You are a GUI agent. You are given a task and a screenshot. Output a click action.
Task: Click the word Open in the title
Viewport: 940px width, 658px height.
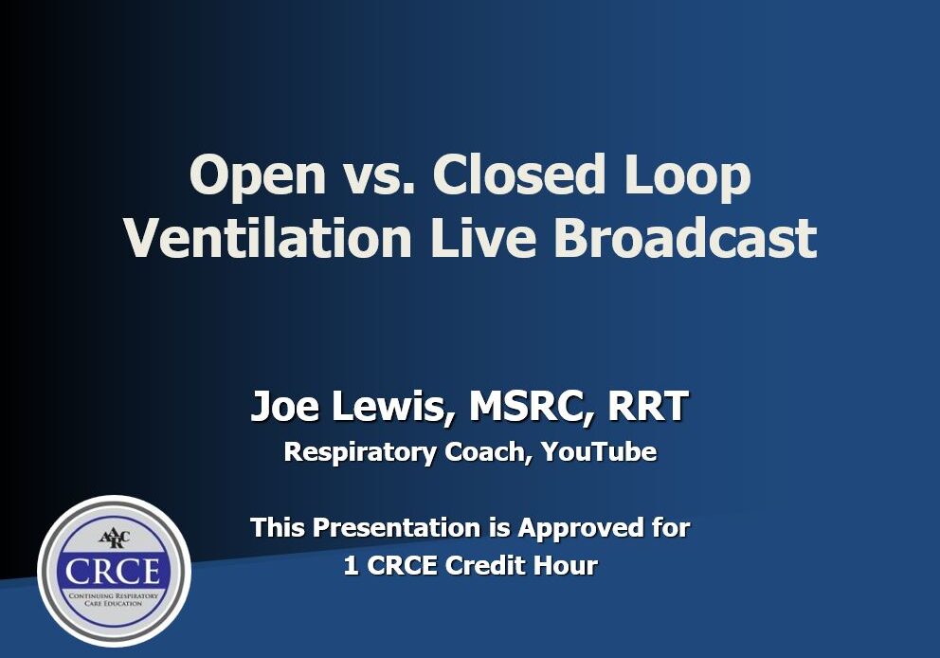[249, 177]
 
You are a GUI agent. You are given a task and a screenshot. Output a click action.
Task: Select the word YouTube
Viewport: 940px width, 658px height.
[600, 452]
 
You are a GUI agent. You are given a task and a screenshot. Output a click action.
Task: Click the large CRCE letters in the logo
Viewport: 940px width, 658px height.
[114, 572]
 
